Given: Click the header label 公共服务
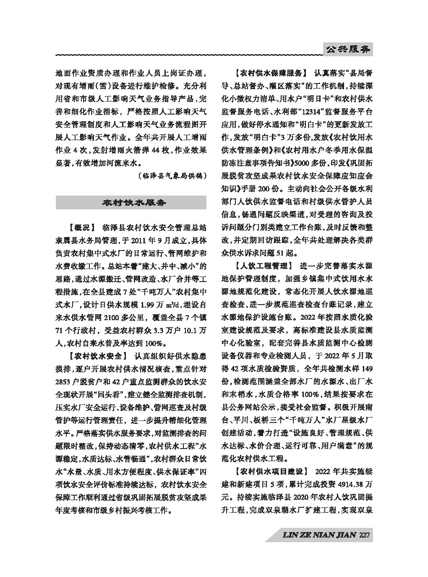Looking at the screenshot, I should click(x=348, y=50).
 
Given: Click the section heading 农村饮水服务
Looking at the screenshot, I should click(x=131, y=203).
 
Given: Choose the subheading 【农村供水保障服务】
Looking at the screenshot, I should click(x=268, y=73).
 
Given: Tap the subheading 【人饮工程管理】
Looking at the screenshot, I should click(x=261, y=266).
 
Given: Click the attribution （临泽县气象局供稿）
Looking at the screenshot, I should click(x=172, y=176).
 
